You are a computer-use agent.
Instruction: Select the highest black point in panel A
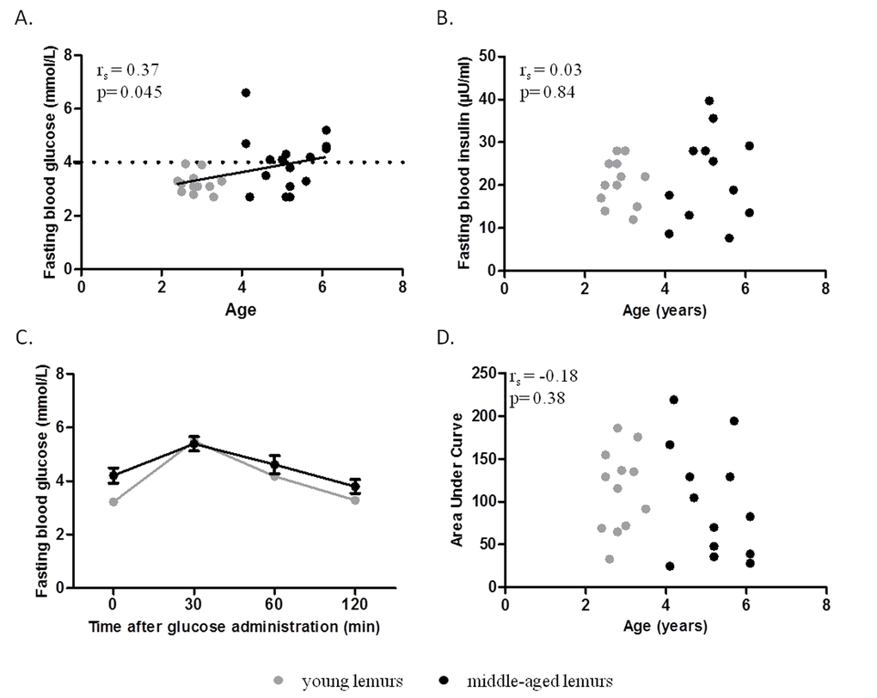tap(245, 93)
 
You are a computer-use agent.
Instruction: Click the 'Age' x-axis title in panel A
tap(242, 309)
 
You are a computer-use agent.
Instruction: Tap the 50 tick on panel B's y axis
tap(488, 56)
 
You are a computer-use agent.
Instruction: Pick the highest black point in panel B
tap(709, 101)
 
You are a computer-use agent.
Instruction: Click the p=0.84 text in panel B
tap(546, 91)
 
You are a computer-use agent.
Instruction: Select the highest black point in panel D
tap(673, 400)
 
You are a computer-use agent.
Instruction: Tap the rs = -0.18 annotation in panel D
tap(543, 377)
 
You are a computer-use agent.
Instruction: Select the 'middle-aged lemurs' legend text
tap(540, 681)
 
